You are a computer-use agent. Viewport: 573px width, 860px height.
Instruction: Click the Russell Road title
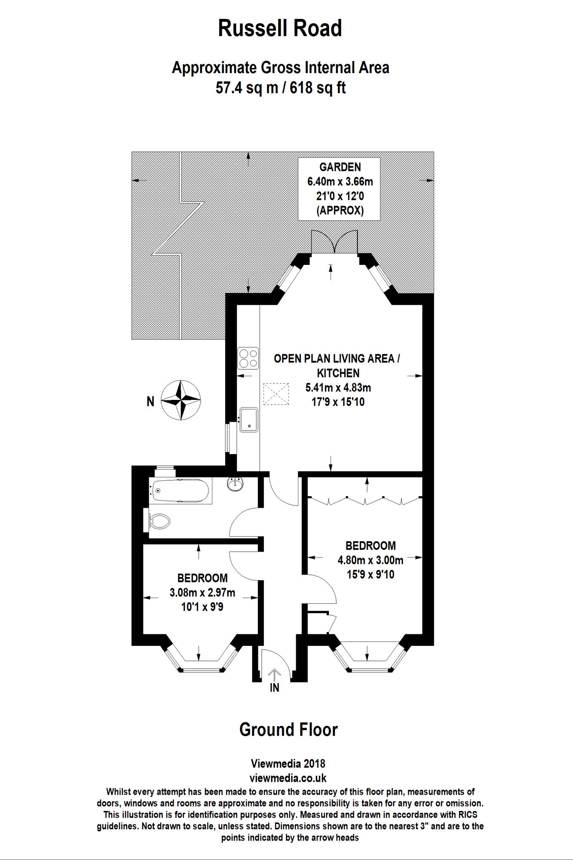click(280, 28)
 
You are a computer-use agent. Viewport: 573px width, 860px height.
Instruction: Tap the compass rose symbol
click(181, 400)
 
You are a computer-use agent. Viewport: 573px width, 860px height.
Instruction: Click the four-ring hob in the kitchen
click(248, 358)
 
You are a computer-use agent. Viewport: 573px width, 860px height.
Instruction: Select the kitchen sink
click(249, 420)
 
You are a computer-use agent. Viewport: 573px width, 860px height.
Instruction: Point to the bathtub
click(180, 491)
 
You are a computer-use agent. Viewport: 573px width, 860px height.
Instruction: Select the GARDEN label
click(340, 167)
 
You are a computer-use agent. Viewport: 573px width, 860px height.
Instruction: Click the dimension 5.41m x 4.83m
click(338, 387)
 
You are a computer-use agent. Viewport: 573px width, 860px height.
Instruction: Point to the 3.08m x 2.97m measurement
click(202, 593)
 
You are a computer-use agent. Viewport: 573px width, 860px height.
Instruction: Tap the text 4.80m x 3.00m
click(370, 560)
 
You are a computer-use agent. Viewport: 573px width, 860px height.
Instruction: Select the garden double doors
click(334, 242)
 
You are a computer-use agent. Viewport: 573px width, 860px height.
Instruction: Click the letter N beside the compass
click(150, 402)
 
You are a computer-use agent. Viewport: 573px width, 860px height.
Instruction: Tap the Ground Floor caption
click(288, 730)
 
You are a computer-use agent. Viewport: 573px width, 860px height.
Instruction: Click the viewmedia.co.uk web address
click(288, 778)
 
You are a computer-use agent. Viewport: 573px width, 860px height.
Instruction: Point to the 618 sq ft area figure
click(318, 88)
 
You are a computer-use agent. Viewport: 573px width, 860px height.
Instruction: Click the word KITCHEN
click(338, 373)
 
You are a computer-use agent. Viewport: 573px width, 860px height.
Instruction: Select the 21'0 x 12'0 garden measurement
click(340, 196)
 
